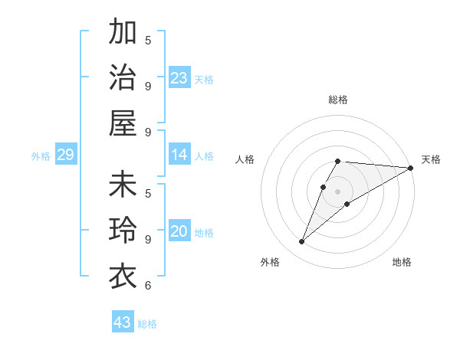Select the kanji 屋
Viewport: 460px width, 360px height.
[123, 123]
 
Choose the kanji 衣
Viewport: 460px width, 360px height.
[123, 277]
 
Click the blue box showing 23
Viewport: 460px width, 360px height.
[179, 78]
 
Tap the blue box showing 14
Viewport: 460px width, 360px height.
[179, 155]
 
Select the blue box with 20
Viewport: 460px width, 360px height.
[179, 232]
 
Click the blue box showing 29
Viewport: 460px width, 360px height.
[65, 155]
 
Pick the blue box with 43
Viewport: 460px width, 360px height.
[123, 322]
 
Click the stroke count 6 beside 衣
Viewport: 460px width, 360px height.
[148, 286]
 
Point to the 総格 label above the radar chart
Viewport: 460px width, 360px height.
[337, 100]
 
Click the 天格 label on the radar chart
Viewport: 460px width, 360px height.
[431, 159]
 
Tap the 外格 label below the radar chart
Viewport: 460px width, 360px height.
[270, 262]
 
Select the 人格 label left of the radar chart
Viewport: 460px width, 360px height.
[245, 159]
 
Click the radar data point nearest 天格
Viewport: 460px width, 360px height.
[411, 168]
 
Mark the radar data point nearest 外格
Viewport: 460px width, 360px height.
[301, 242]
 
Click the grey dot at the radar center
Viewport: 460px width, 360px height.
[337, 191]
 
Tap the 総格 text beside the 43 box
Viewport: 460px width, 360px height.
[147, 323]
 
